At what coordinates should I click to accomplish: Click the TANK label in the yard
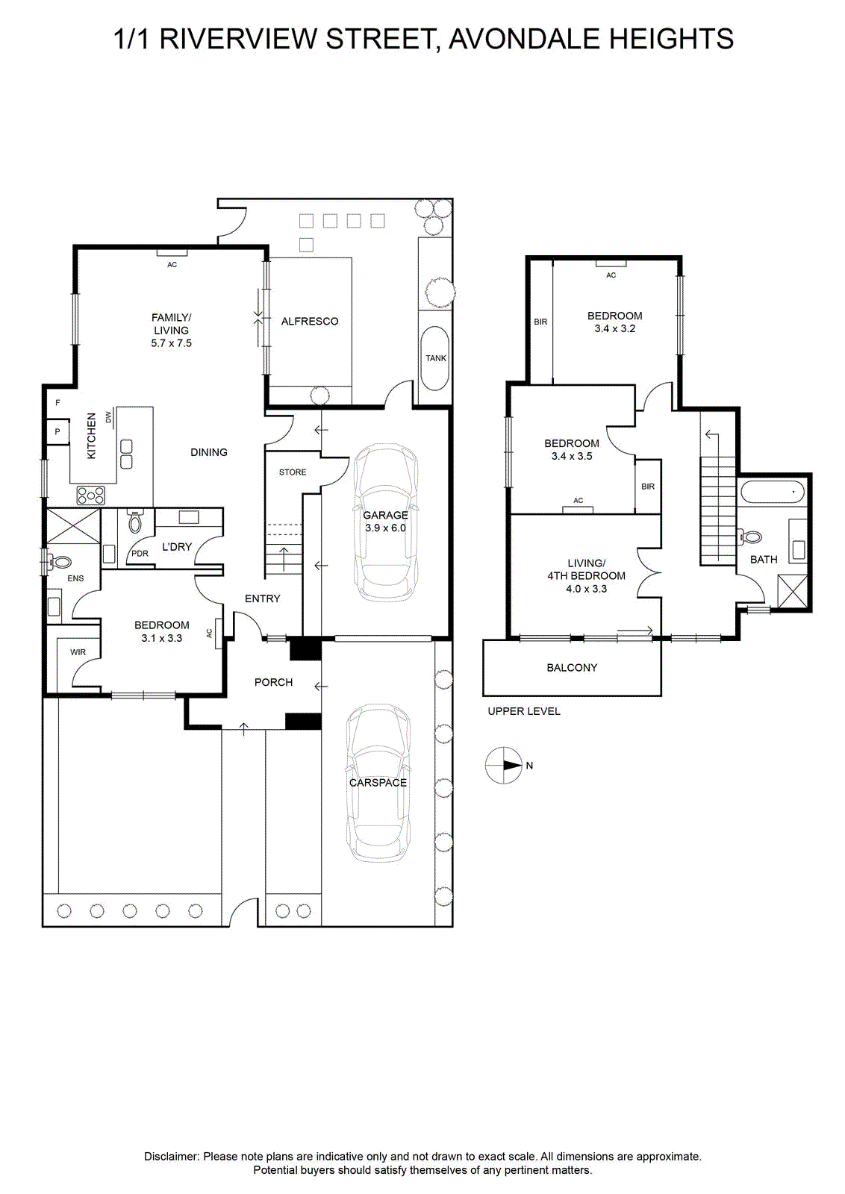[x=435, y=358]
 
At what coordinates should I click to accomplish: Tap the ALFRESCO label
[x=310, y=322]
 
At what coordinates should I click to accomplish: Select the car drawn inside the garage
[x=385, y=522]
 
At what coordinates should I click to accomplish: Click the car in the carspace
[x=378, y=783]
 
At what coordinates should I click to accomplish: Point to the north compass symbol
[x=504, y=766]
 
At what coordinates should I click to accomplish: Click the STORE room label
[x=293, y=472]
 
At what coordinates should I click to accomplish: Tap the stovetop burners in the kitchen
[x=91, y=496]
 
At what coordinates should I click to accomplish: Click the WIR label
[x=78, y=652]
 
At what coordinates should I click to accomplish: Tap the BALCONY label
[x=572, y=667]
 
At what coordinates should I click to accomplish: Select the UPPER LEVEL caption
[x=524, y=711]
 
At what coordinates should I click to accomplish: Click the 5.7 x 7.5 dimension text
[x=171, y=343]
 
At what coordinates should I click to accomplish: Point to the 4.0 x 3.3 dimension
[x=587, y=589]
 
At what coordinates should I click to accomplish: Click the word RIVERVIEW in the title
[x=238, y=39]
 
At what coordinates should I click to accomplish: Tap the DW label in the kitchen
[x=109, y=416]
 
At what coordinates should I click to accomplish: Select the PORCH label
[x=273, y=682]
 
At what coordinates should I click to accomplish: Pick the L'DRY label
[x=177, y=547]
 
